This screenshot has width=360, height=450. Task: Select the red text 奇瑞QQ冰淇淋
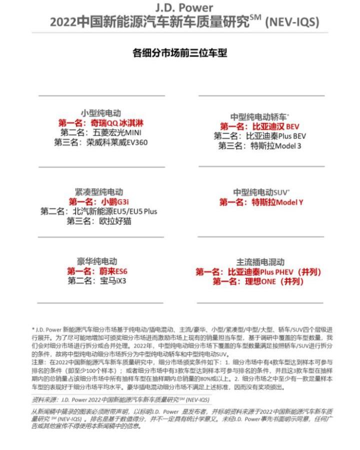pyautogui.click(x=101, y=123)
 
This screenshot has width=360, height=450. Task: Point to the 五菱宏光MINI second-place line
pyautogui.click(x=101, y=132)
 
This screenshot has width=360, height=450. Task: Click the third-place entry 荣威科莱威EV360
pyautogui.click(x=101, y=142)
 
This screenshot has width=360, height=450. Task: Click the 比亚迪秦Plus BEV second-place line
pyautogui.click(x=260, y=136)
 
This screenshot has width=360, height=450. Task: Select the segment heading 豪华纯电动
pyautogui.click(x=97, y=261)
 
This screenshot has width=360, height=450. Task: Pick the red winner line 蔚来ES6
pyautogui.click(x=97, y=271)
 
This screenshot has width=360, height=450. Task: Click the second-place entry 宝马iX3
pyautogui.click(x=97, y=281)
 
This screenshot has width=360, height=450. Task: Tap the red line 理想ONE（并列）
pyautogui.click(x=258, y=281)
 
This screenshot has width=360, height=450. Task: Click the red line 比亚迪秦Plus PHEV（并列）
pyautogui.click(x=258, y=272)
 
